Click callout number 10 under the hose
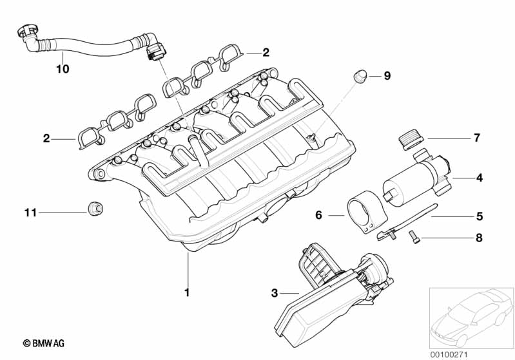63,69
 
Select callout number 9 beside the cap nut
387,76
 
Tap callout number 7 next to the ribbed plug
477,138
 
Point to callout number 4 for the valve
480,178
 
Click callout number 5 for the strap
480,216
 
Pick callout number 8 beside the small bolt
479,238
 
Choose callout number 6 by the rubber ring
318,215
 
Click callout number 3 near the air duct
275,293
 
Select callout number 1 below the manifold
187,292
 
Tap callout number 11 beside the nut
30,213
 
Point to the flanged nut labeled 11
95,208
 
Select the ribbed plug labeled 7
409,140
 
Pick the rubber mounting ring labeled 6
365,211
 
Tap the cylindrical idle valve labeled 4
416,177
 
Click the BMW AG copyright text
43,343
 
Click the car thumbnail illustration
472,317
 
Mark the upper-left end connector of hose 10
27,35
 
